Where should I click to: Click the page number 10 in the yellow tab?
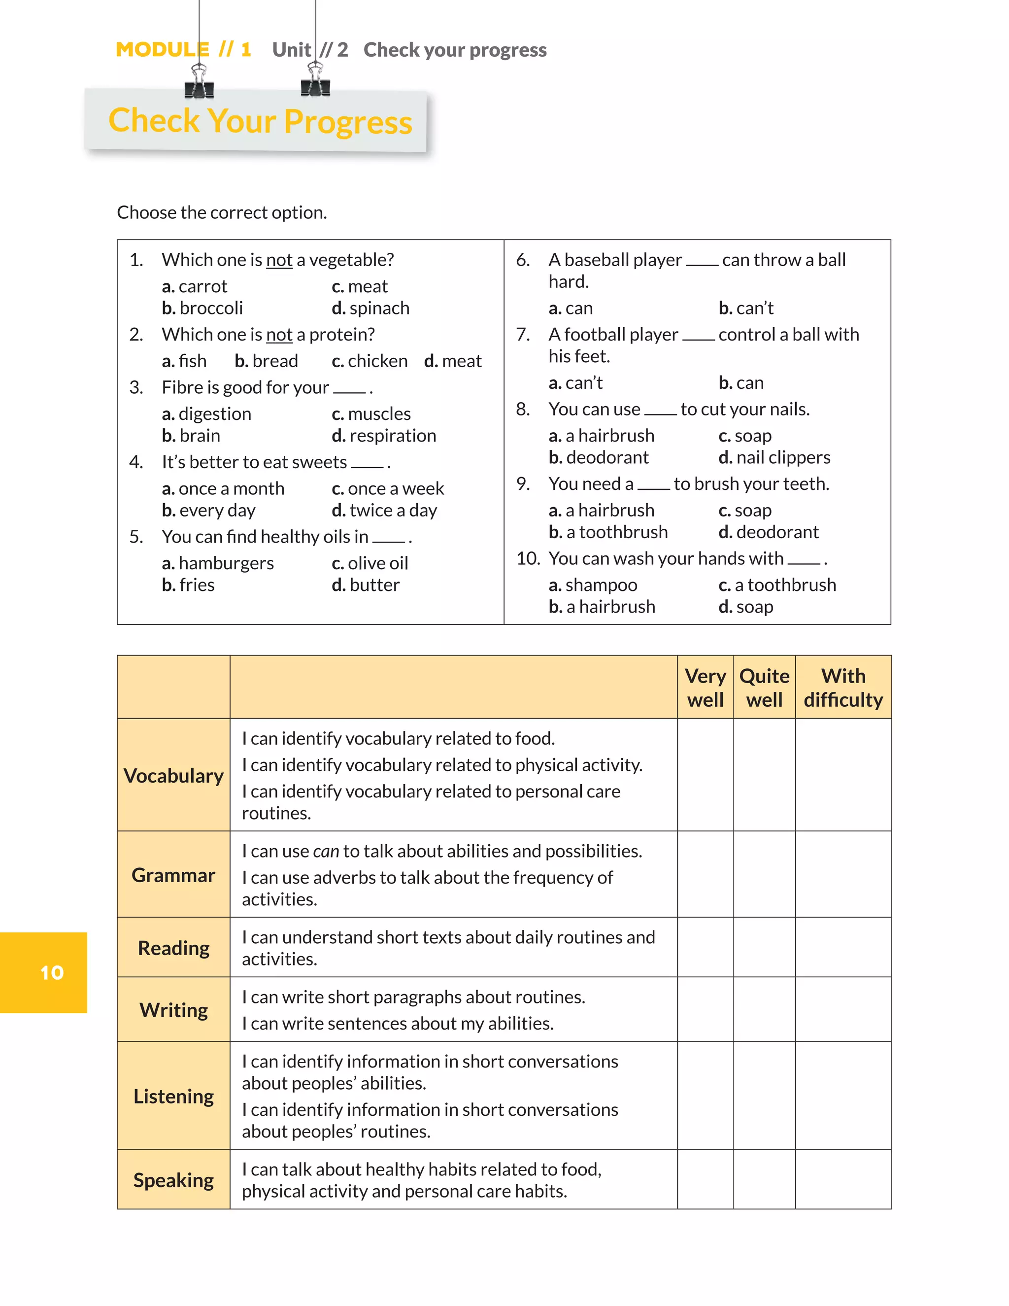coord(52,972)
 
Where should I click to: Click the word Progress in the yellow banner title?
coord(348,122)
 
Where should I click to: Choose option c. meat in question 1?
coord(359,286)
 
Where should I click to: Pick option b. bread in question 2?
coord(266,361)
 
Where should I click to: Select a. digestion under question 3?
coord(206,414)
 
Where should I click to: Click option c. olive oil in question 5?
coord(370,563)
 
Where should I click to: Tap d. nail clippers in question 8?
coord(774,457)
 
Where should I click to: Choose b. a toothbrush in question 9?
coord(608,532)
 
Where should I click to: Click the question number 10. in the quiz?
coord(527,558)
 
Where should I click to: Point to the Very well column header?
coord(706,687)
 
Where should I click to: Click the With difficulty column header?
coord(843,687)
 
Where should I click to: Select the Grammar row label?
coord(173,875)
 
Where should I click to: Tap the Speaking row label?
coord(173,1180)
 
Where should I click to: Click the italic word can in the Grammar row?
coord(326,852)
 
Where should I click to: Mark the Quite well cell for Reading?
coord(764,948)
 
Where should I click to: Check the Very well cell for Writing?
coord(706,1010)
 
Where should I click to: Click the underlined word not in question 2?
coord(279,335)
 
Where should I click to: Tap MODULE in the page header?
coord(163,50)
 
